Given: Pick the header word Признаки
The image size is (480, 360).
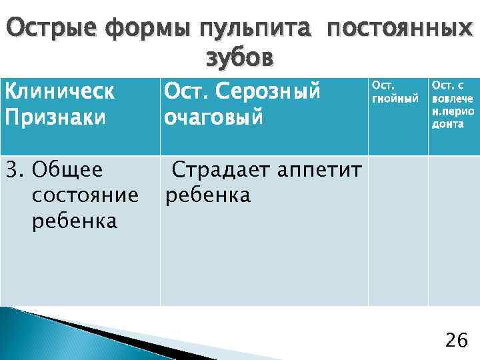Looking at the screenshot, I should [x=55, y=117].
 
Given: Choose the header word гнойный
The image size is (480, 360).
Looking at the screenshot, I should [x=395, y=99].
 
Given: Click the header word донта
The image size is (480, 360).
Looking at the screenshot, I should [x=447, y=124].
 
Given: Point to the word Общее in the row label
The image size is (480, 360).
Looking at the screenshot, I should [x=67, y=170].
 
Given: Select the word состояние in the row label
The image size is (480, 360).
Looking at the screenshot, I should [x=85, y=195].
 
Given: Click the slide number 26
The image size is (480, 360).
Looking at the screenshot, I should [x=456, y=341].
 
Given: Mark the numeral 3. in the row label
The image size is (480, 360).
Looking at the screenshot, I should [x=14, y=170].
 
